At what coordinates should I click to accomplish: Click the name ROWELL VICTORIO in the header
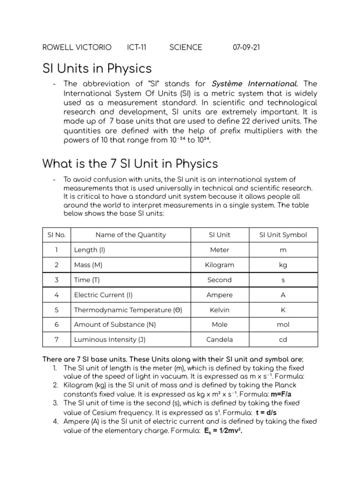pyautogui.click(x=77, y=47)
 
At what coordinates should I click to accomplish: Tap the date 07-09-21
pyautogui.click(x=246, y=47)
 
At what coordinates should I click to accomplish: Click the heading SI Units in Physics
pyautogui.click(x=97, y=68)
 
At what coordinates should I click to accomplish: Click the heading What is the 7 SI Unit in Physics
pyautogui.click(x=130, y=164)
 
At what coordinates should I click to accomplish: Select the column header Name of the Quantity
pyautogui.click(x=130, y=235)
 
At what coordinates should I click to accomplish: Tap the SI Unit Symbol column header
pyautogui.click(x=283, y=235)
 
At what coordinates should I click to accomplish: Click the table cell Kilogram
pyautogui.click(x=219, y=265)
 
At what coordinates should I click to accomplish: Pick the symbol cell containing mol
pyautogui.click(x=283, y=324)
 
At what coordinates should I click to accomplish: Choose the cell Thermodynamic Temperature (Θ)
pyautogui.click(x=128, y=310)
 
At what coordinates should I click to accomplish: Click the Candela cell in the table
pyautogui.click(x=219, y=339)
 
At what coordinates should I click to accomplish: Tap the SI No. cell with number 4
pyautogui.click(x=56, y=295)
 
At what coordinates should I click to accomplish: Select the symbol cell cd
pyautogui.click(x=283, y=339)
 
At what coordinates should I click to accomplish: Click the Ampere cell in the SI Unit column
pyautogui.click(x=219, y=295)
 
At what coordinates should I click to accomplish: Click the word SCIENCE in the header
pyautogui.click(x=186, y=47)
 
